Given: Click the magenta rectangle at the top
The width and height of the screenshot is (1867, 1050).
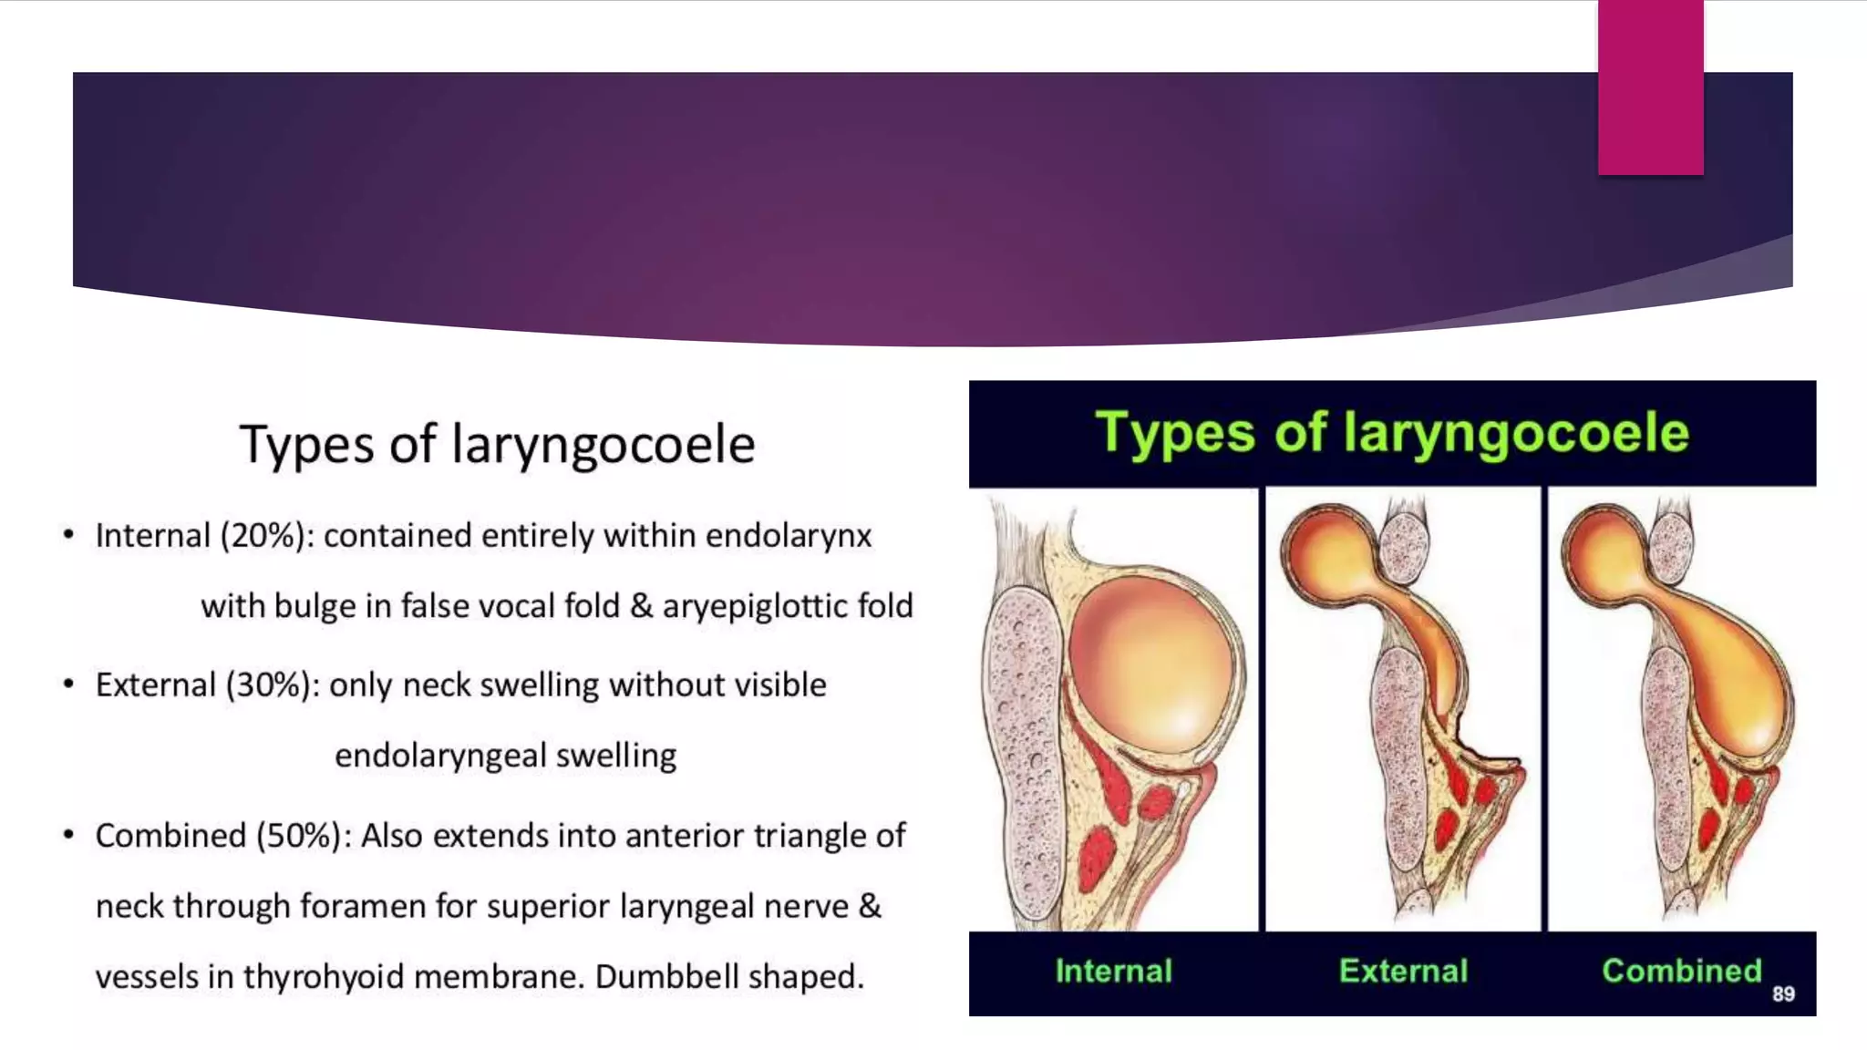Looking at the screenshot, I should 1650,87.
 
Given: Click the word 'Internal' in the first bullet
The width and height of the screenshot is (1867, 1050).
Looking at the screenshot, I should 152,536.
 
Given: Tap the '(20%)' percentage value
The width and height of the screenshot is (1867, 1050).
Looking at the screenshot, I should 267,536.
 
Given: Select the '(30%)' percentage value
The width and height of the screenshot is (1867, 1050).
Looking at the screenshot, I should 273,685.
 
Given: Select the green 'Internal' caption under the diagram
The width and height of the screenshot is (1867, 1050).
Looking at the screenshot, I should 1113,972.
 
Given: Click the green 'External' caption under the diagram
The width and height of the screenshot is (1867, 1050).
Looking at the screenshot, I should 1403,972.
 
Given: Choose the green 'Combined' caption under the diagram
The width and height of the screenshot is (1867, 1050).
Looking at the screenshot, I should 1681,972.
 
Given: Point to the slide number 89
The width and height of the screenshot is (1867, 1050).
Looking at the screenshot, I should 1783,994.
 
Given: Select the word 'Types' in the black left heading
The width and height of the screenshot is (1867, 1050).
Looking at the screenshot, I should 306,445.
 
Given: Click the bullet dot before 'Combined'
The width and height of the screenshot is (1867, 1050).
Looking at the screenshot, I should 68,835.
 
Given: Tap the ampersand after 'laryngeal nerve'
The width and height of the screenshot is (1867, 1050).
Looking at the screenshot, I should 870,906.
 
